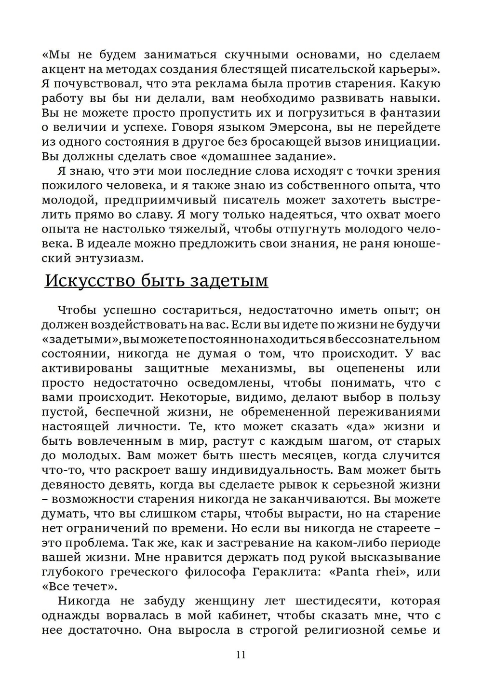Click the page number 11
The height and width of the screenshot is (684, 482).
pos(241,655)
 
